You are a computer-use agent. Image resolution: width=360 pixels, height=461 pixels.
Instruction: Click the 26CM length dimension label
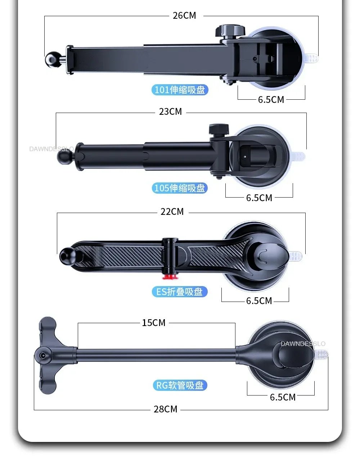[184, 15]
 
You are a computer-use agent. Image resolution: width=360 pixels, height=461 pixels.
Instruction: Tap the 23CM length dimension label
[171, 112]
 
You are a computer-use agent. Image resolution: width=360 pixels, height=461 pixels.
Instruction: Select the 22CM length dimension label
[172, 212]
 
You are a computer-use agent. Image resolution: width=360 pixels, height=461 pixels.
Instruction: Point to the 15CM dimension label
[154, 322]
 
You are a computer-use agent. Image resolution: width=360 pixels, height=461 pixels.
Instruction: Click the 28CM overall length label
[166, 409]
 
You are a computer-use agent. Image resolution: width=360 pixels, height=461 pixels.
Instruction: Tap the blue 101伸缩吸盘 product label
[180, 90]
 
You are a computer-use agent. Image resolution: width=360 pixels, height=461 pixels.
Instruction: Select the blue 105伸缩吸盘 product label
[180, 188]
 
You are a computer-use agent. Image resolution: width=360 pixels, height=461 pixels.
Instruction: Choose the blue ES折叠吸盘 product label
[180, 291]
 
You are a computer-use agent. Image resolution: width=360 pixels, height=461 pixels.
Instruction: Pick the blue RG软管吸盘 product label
[180, 385]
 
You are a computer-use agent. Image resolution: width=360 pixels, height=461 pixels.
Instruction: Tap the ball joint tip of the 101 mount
[52, 60]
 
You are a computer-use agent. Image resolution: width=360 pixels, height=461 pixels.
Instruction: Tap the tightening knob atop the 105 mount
[219, 129]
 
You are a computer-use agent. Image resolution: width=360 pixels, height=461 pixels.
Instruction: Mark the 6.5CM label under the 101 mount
[271, 100]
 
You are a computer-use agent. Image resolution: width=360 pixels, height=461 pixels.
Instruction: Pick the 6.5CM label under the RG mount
[283, 397]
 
